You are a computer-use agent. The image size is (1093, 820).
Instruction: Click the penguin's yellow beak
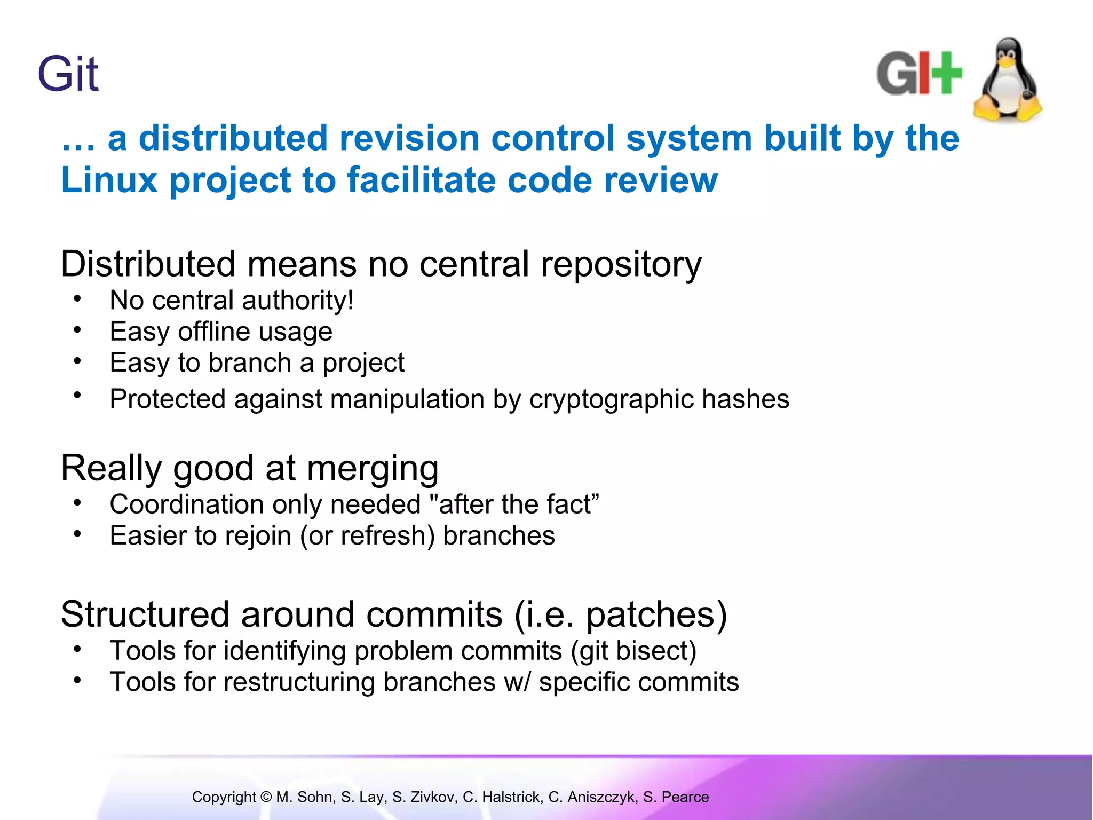[x=1007, y=63]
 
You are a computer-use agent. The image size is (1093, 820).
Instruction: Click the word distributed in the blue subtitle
[x=233, y=138]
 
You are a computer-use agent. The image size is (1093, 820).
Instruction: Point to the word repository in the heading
[x=621, y=264]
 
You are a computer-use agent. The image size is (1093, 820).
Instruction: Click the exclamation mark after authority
[x=351, y=300]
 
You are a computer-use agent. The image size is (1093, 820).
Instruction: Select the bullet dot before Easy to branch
[x=77, y=361]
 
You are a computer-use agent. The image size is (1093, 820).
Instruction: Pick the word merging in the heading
[x=372, y=468]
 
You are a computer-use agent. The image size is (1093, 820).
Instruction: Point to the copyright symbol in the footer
[x=266, y=797]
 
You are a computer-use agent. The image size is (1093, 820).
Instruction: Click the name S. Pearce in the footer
[x=676, y=797]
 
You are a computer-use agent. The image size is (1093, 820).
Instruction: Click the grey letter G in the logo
[x=896, y=74]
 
